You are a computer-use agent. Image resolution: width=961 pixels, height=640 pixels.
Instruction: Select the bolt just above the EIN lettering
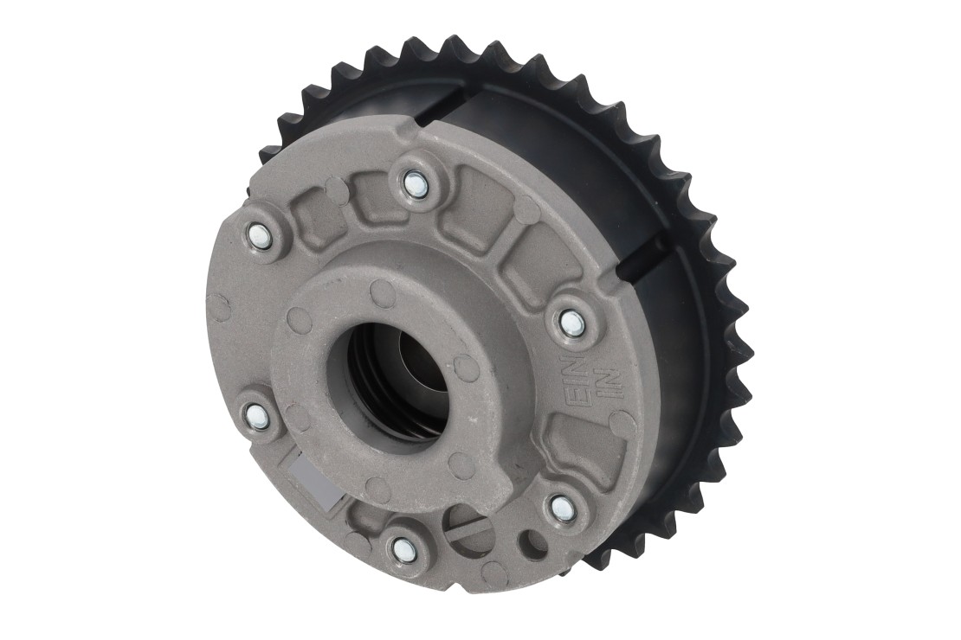tap(570, 321)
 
